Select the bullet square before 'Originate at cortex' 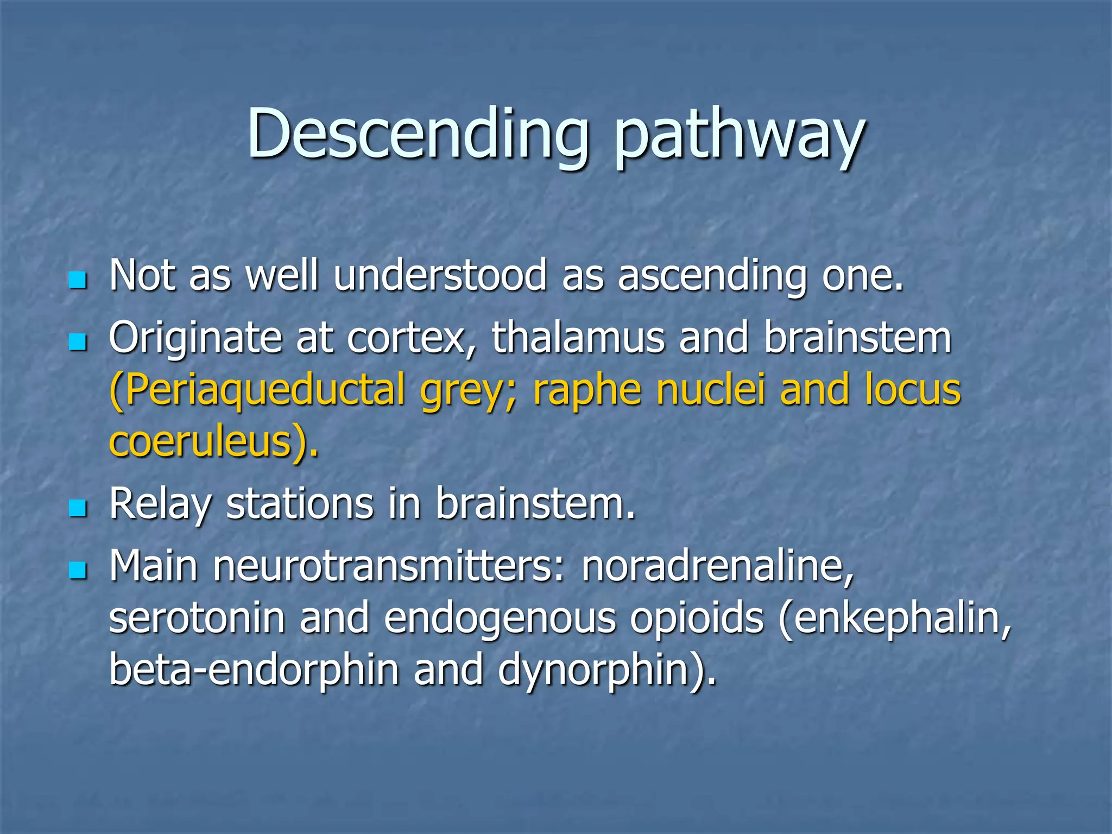coord(78,342)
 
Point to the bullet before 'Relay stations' coord(78,508)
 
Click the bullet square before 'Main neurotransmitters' coord(78,570)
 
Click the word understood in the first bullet coord(440,275)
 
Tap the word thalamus coord(578,337)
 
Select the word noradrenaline coord(717,566)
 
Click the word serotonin coord(197,618)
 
